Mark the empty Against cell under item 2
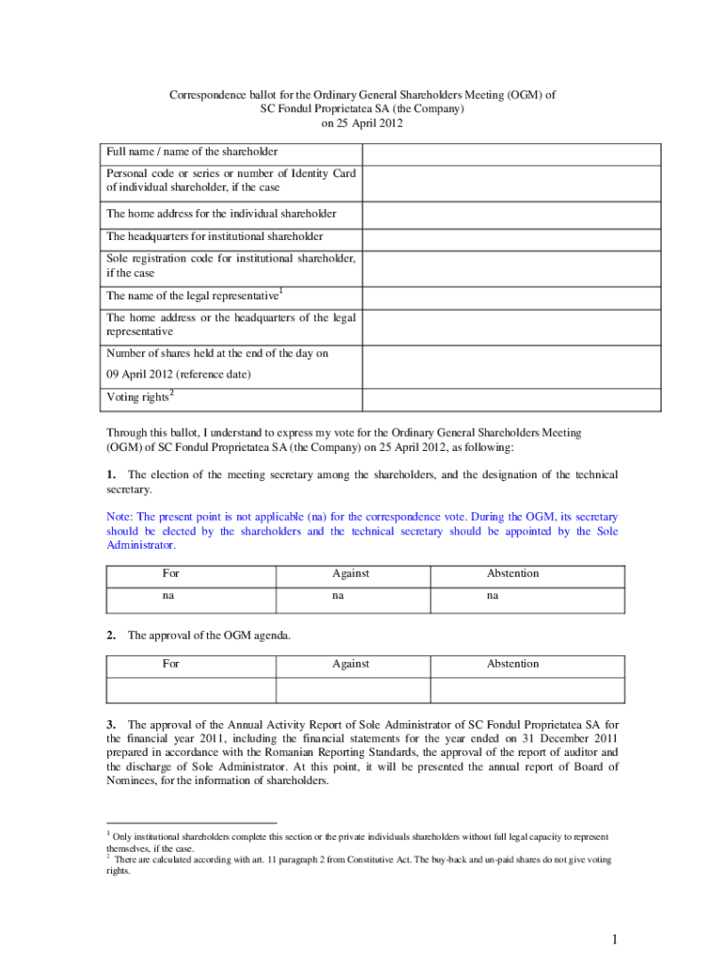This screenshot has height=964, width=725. point(352,689)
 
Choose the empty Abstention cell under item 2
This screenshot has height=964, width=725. point(526,689)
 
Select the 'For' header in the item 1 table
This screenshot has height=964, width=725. point(170,573)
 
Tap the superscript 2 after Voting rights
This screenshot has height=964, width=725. point(172,392)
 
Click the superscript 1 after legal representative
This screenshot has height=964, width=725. point(282,291)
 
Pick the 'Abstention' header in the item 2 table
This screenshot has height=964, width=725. point(512,664)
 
